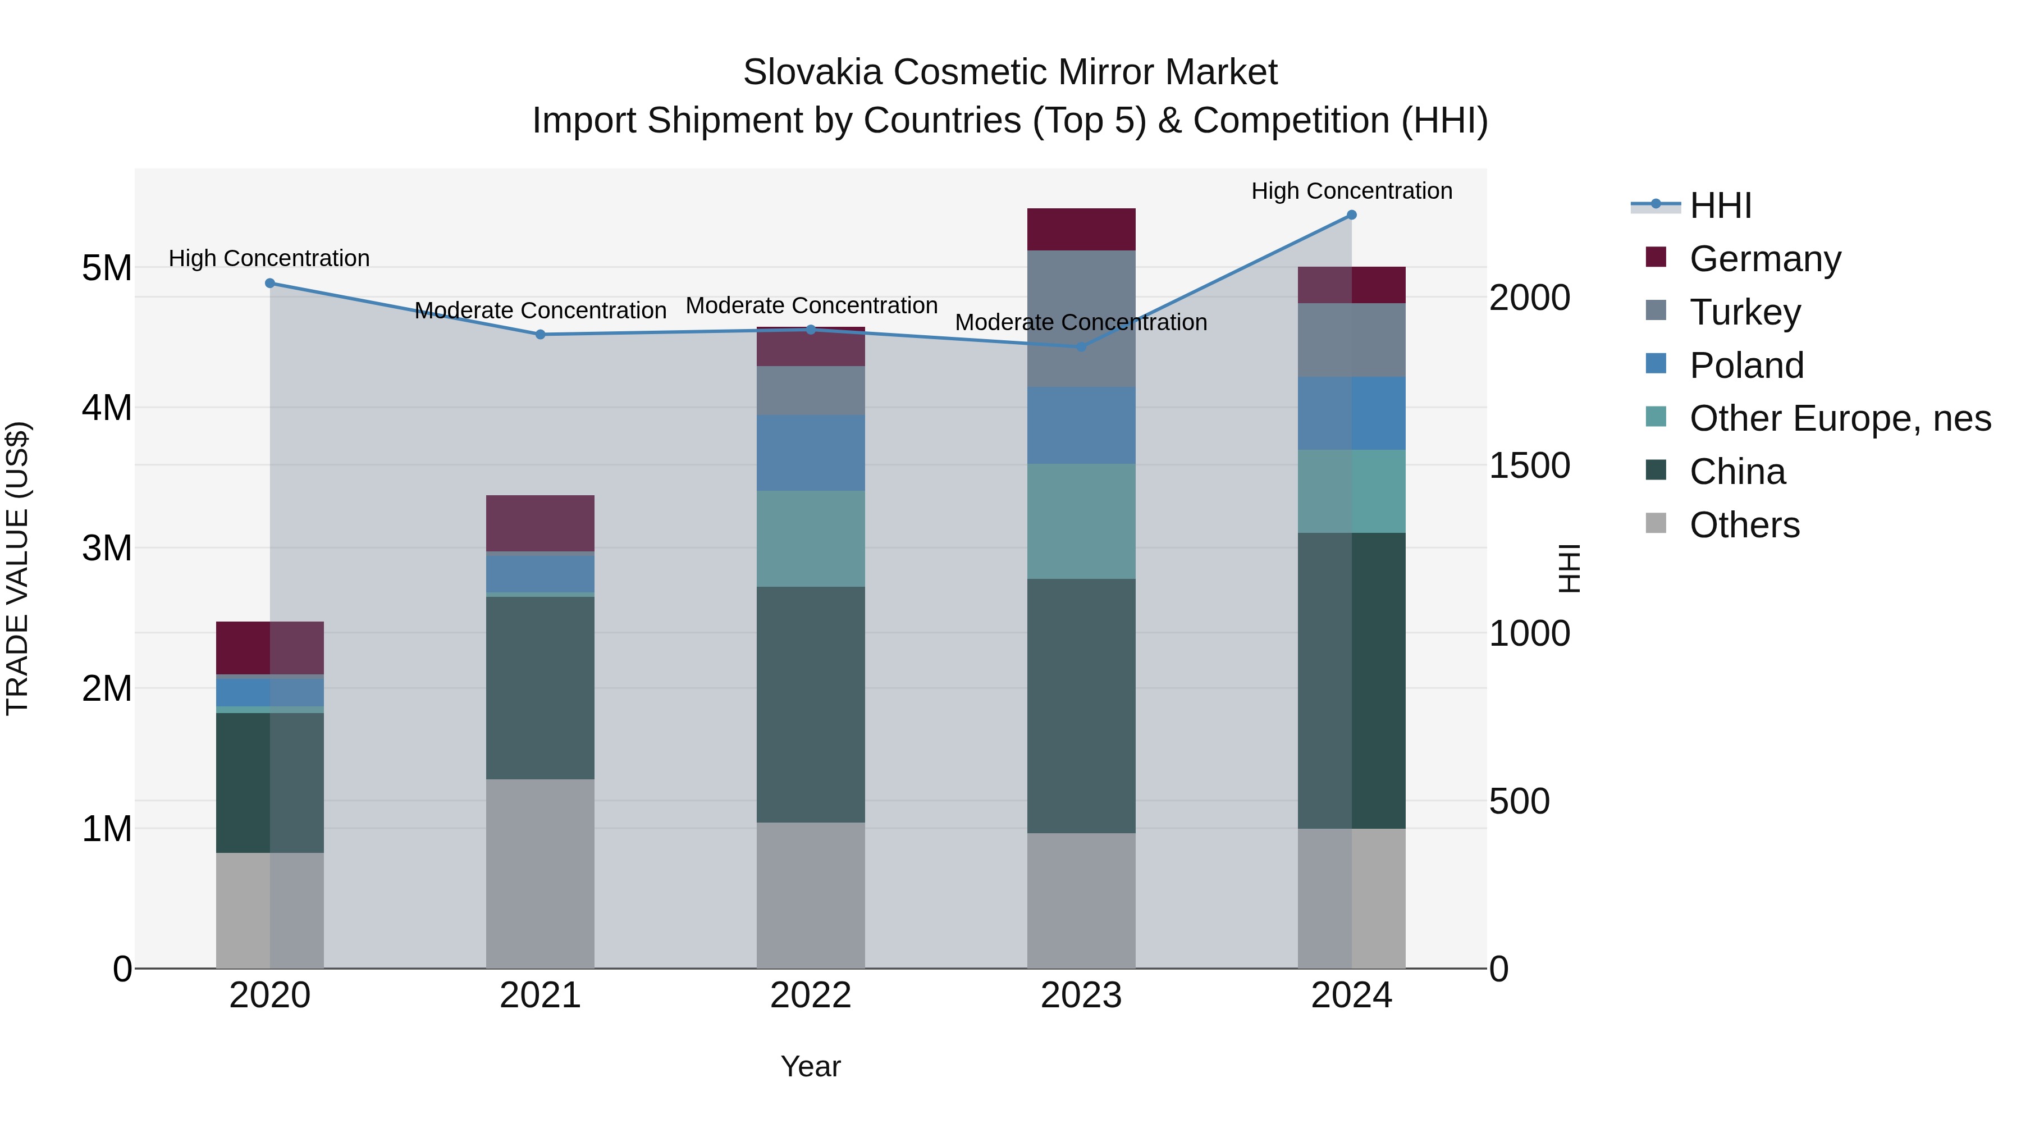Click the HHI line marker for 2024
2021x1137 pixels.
(x=1351, y=214)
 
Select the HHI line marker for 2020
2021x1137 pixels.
(x=270, y=284)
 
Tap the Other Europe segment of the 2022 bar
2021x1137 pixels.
(x=811, y=538)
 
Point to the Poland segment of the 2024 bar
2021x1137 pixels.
(x=1351, y=413)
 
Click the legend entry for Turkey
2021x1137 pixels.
(x=1744, y=312)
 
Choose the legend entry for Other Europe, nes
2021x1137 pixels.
(x=1839, y=418)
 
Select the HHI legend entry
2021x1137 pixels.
(x=1719, y=206)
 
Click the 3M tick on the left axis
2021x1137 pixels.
(x=107, y=547)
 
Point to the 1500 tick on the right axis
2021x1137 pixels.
(x=1529, y=465)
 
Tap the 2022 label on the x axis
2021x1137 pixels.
(x=811, y=996)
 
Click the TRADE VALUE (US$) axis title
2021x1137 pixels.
(x=17, y=568)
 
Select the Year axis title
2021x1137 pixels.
(x=811, y=1066)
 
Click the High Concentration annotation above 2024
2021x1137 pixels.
(x=1351, y=191)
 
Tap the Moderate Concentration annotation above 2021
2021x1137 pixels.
(x=539, y=310)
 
